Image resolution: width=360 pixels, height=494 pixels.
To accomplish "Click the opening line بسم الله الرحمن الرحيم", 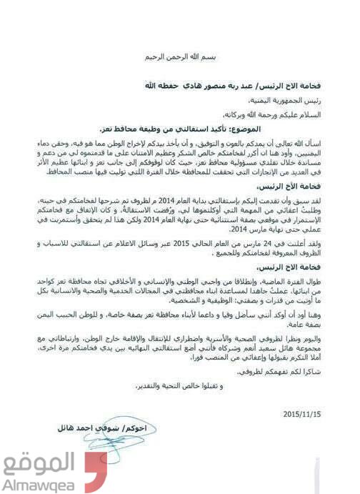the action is coord(180,55).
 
